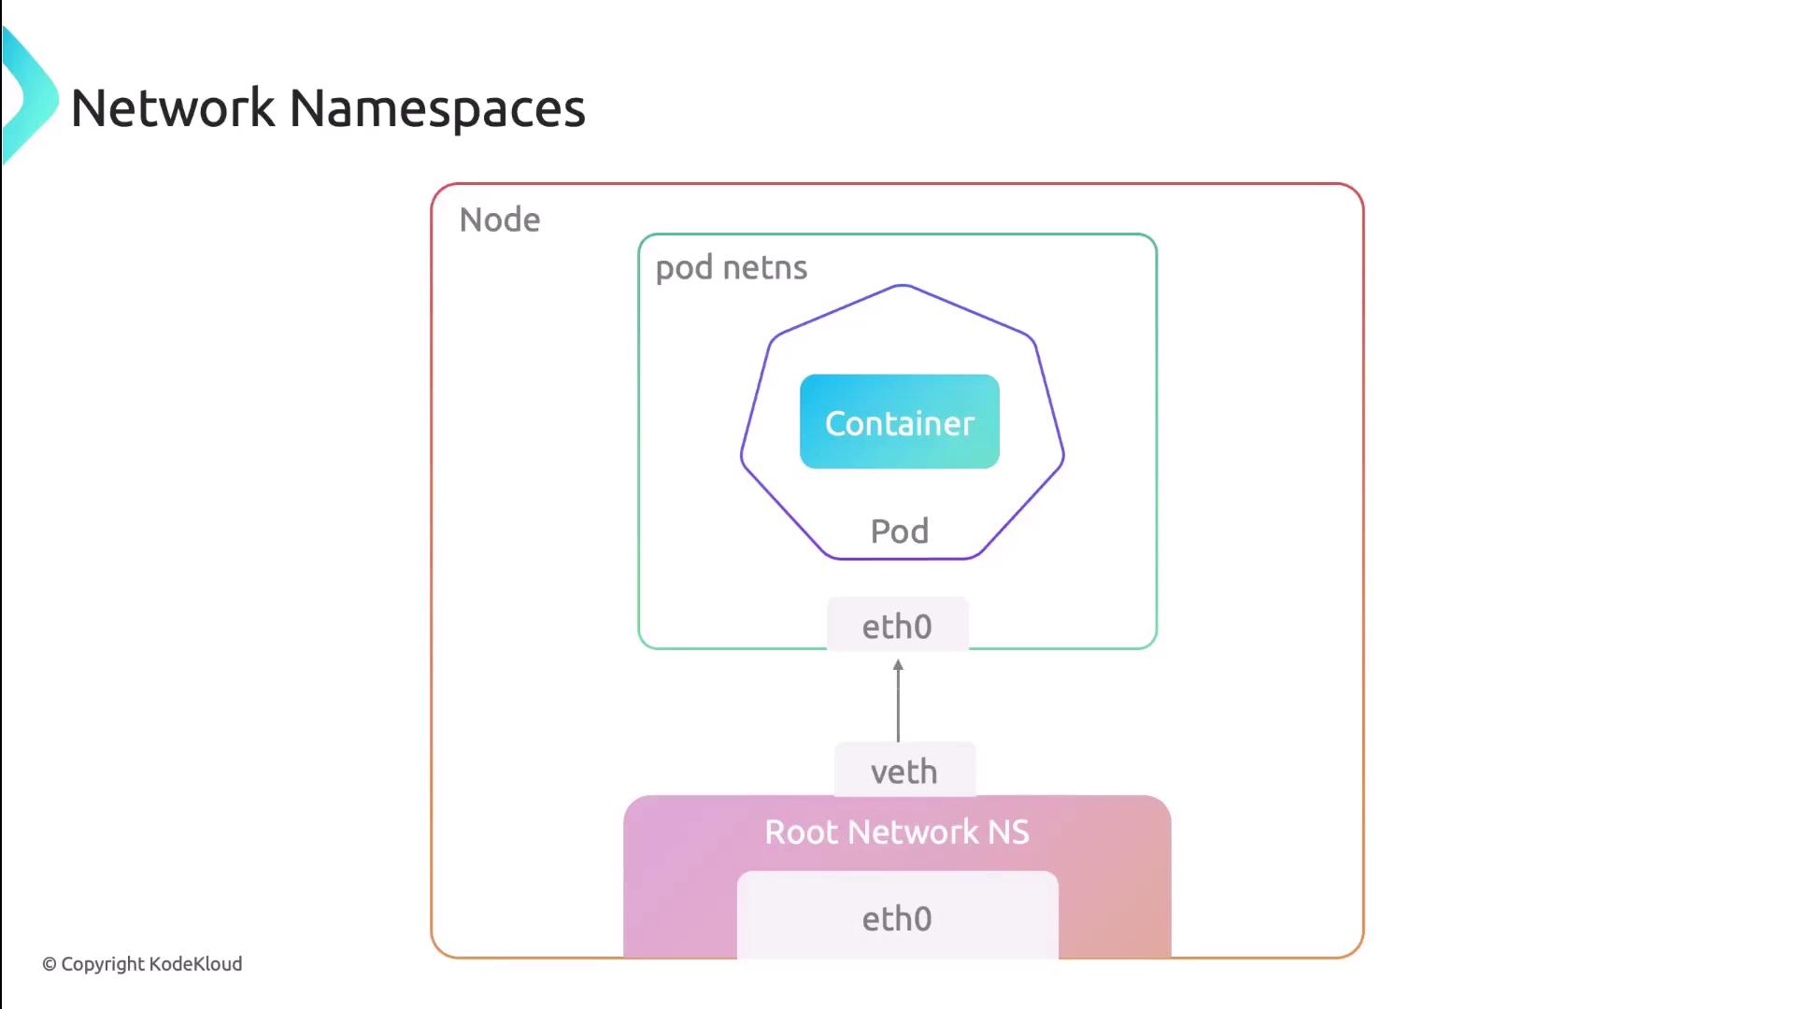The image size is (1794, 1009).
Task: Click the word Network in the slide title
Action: coord(173,108)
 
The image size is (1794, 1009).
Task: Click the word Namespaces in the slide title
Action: coord(437,108)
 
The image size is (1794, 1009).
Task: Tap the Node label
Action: coord(500,220)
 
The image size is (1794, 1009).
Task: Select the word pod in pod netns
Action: coord(684,268)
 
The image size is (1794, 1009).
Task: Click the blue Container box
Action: coord(899,422)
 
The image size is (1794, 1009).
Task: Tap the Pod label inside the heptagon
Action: coord(899,532)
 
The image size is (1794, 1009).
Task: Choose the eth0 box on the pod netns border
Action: coord(897,626)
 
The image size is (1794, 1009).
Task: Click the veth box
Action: coord(904,772)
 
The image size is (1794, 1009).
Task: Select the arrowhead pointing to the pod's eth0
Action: coord(898,666)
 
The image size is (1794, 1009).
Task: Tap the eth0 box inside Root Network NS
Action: coord(897,918)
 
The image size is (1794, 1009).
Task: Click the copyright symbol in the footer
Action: coord(50,964)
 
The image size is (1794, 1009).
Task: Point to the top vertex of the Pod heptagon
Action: coord(902,286)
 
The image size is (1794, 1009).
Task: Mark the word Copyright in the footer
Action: coord(103,964)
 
